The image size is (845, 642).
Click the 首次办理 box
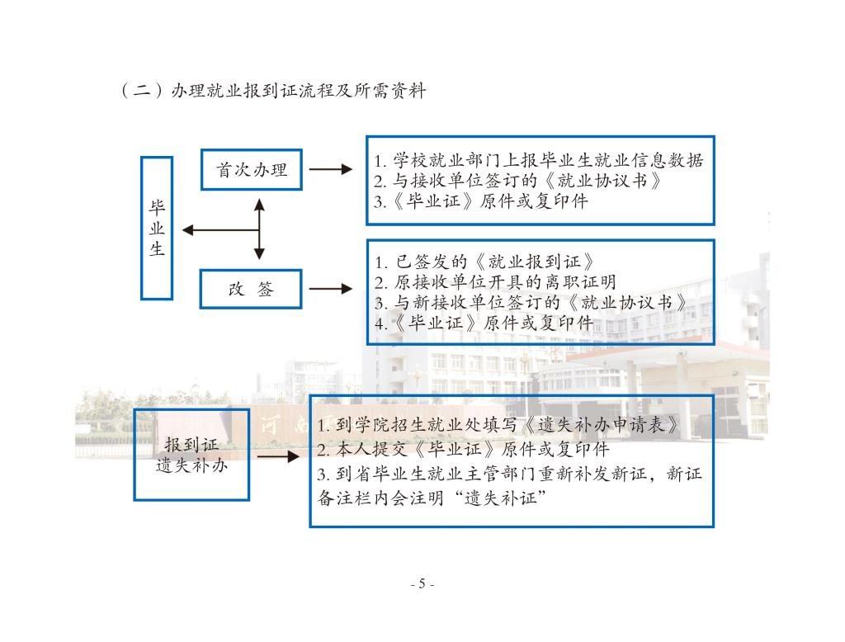[252, 170]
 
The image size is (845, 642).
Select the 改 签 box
[252, 289]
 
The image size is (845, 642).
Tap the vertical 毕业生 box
[157, 228]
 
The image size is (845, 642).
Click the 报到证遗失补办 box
[191, 454]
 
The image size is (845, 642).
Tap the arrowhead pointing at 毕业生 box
[186, 229]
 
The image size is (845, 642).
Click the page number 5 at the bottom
[422, 584]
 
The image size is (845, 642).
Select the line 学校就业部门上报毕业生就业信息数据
[537, 160]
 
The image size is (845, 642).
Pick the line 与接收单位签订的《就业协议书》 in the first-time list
[517, 180]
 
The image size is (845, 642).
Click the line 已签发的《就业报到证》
[484, 263]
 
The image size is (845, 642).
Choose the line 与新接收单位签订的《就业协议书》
[531, 303]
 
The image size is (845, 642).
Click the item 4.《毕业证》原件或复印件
[484, 323]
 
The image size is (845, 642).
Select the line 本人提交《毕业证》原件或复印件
[463, 450]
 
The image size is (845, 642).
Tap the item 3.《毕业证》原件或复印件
[481, 201]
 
